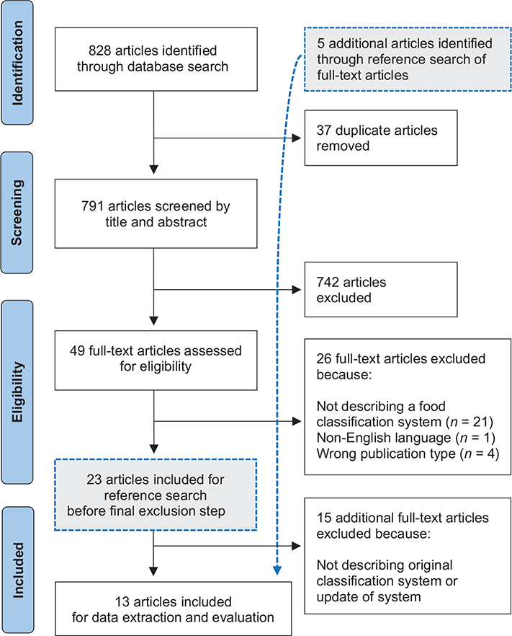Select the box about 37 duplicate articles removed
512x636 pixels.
tap(380, 138)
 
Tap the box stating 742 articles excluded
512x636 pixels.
tap(380, 288)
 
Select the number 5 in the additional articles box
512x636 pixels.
tap(321, 43)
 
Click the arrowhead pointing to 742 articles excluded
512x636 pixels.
tap(298, 289)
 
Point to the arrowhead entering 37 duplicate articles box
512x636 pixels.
tap(298, 138)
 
